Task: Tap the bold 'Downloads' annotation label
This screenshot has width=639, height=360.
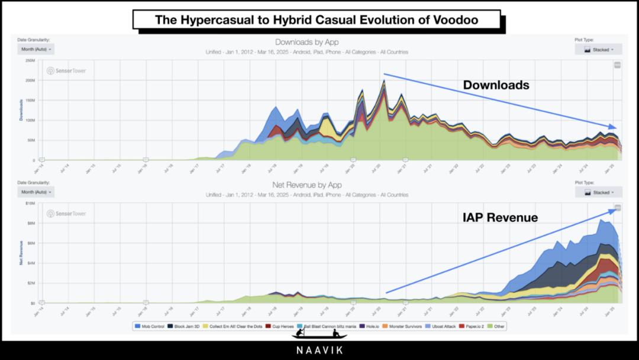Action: (496, 85)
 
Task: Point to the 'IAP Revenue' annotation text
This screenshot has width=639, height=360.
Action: (500, 218)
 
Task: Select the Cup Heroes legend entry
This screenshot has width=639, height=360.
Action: (280, 326)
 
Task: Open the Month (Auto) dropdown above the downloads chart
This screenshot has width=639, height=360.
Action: (37, 49)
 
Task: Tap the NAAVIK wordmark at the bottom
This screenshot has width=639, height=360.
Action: (319, 350)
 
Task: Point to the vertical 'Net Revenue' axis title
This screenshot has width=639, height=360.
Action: (21, 252)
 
